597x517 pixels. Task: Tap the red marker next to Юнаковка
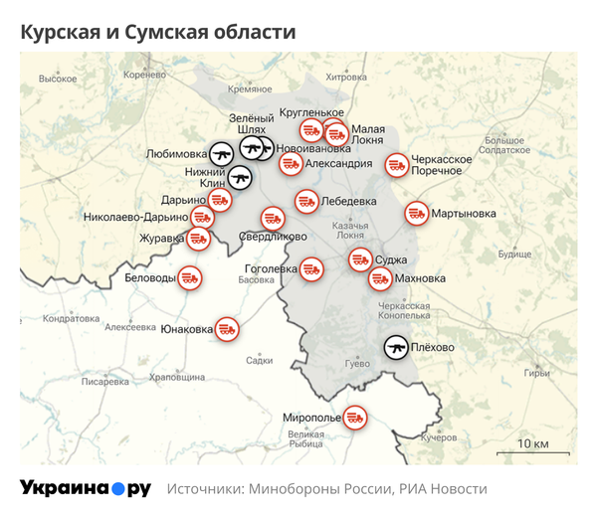pyautogui.click(x=228, y=329)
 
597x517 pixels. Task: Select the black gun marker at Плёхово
pyautogui.click(x=396, y=347)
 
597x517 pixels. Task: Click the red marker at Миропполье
pyautogui.click(x=354, y=418)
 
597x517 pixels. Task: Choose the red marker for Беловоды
pyautogui.click(x=189, y=278)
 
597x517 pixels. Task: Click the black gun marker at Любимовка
pyautogui.click(x=221, y=154)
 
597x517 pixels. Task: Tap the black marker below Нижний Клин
pyautogui.click(x=240, y=179)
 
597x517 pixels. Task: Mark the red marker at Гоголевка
pyautogui.click(x=312, y=268)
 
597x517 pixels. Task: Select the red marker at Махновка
pyautogui.click(x=379, y=279)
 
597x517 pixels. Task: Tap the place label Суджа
pyautogui.click(x=391, y=260)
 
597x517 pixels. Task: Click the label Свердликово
pyautogui.click(x=272, y=237)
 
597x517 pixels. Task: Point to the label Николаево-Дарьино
pyautogui.click(x=136, y=217)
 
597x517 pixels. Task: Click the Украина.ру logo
pyautogui.click(x=86, y=488)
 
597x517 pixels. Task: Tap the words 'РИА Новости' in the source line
pyautogui.click(x=444, y=489)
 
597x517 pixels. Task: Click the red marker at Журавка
pyautogui.click(x=198, y=238)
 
